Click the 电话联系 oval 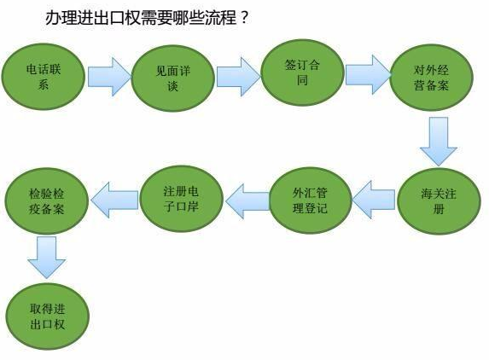pos(44,77)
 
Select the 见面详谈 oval pos(172,78)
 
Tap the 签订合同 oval pos(302,73)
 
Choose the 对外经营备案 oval pos(431,78)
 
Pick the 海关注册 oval pos(439,201)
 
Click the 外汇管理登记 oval pos(310,200)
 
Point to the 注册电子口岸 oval pos(181,199)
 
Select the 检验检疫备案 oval pos(46,201)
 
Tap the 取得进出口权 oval pos(48,316)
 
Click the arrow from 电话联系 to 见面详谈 pos(109,77)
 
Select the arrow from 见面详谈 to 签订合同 pos(239,77)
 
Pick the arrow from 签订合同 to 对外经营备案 pos(368,75)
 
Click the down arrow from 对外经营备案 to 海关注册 pos(439,142)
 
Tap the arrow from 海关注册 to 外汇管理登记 pos(374,200)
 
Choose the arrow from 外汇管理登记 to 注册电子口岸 pos(247,201)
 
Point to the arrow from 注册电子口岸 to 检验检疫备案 pos(114,200)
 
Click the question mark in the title pos(244,18)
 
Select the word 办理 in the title pos(61,18)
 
